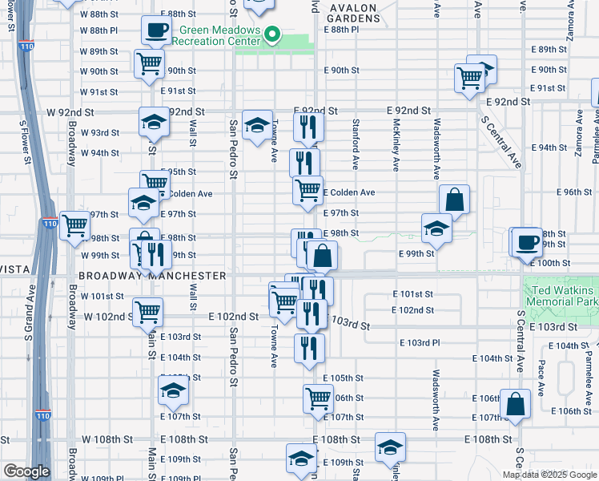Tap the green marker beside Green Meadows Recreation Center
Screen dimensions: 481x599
272,34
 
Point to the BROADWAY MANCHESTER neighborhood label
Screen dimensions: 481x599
152,275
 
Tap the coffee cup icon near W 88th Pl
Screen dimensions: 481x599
155,30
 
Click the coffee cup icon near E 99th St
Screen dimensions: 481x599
527,241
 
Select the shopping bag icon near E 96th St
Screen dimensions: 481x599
454,200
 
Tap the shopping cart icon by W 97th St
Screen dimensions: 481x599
74,224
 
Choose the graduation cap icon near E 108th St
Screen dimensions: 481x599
389,447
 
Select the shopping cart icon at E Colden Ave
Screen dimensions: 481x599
308,190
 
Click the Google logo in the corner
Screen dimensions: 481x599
26,471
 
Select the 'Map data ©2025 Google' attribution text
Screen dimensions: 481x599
550,475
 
